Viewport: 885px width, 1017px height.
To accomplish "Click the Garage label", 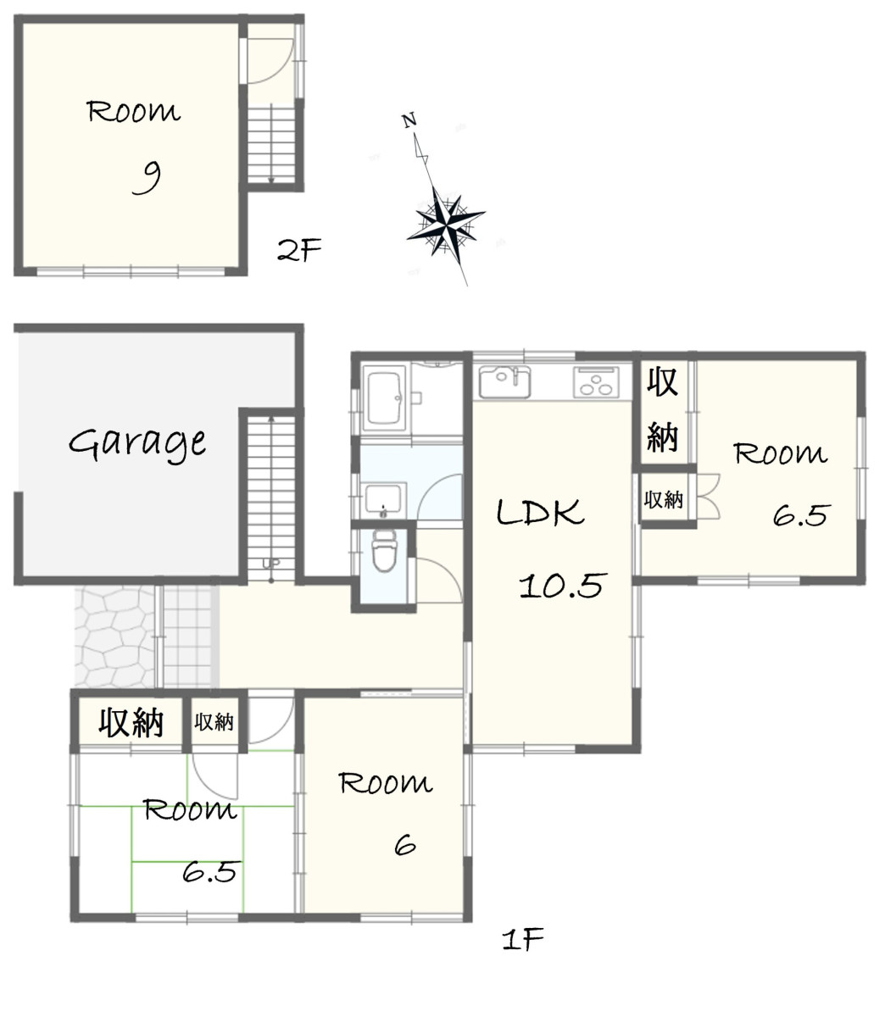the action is point(137,443).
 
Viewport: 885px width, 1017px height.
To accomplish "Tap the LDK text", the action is point(540,512).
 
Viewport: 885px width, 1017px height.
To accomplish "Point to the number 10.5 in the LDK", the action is point(562,585).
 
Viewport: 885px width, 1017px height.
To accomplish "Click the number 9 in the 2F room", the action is point(147,179).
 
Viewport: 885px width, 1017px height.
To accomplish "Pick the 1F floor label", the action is point(523,939).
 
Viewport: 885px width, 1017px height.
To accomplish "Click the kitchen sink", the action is point(504,381).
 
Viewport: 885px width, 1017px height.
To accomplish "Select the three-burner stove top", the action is point(596,381).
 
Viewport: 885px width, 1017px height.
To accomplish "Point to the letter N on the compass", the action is point(409,120).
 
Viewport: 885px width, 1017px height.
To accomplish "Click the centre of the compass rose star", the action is point(447,225).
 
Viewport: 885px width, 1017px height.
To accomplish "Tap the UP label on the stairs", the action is point(271,564).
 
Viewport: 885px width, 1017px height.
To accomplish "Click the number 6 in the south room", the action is point(404,844).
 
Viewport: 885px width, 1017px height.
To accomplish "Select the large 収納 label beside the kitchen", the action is point(663,409).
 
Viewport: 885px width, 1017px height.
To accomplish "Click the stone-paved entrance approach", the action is point(114,637).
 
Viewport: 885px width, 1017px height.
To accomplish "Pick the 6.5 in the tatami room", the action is point(209,872).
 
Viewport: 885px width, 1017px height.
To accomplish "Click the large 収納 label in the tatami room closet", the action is point(131,722).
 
